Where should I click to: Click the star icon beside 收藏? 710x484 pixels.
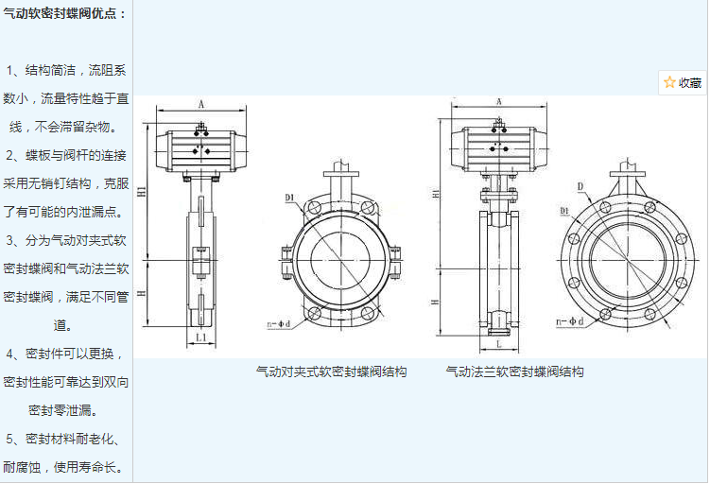click(669, 82)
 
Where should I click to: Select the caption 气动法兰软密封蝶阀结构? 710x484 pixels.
click(514, 372)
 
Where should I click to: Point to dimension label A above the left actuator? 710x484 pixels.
click(201, 104)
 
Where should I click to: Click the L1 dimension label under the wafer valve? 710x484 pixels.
click(201, 337)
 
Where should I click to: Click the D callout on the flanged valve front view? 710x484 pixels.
click(580, 186)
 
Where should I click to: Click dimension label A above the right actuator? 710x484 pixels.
click(497, 102)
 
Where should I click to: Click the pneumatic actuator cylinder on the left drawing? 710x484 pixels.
click(200, 147)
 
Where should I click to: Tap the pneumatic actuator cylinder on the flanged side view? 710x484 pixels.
click(497, 147)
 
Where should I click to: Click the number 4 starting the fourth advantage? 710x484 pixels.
click(11, 354)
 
